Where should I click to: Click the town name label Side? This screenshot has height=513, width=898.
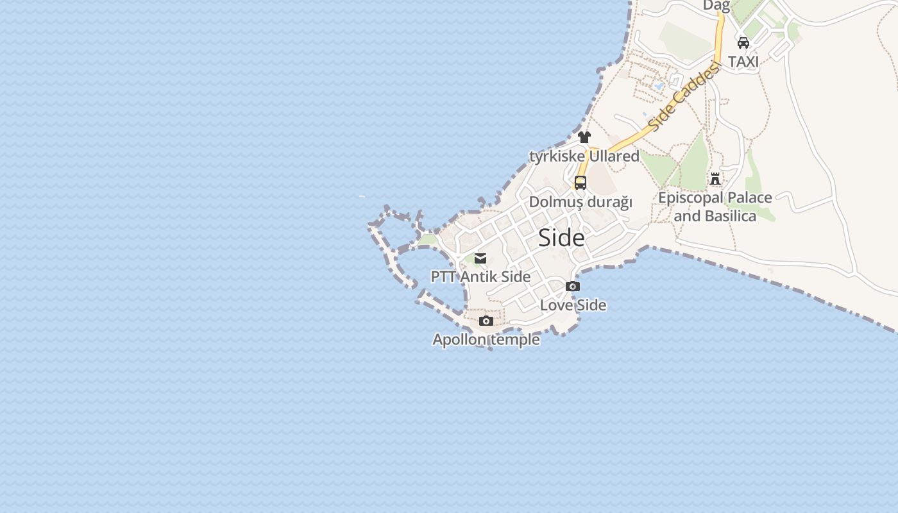tap(561, 238)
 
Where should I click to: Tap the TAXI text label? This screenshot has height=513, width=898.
tap(743, 62)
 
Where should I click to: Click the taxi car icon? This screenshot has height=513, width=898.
tap(743, 43)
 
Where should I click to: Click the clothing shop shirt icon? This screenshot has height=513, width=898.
tap(584, 137)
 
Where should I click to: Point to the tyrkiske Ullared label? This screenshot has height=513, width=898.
tap(584, 156)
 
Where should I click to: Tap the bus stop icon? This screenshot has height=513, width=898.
tap(580, 183)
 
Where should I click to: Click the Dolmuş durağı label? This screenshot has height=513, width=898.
tap(580, 203)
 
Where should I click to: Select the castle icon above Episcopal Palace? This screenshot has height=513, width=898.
tap(715, 178)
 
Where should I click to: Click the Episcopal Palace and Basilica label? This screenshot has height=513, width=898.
tap(715, 206)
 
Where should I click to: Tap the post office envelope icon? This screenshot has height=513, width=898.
tap(480, 258)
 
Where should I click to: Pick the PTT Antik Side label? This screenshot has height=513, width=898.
tap(480, 277)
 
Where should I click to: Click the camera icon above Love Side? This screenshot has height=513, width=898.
tap(573, 287)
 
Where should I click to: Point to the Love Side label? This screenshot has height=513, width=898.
tap(573, 305)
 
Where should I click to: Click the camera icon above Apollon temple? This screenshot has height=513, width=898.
tap(486, 321)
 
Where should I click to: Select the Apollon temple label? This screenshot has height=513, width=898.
tap(486, 339)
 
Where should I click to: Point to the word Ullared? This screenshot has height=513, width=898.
tap(614, 156)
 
